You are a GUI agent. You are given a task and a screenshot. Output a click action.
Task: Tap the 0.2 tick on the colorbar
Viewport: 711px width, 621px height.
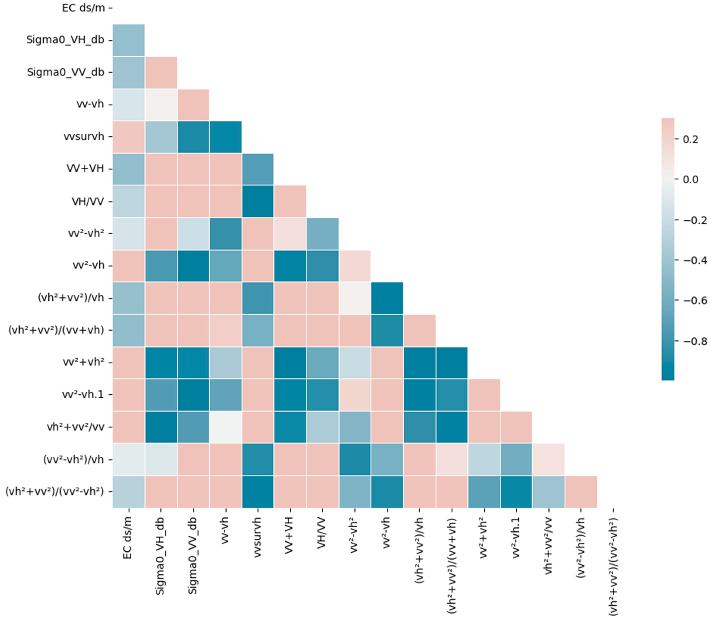[x=690, y=139]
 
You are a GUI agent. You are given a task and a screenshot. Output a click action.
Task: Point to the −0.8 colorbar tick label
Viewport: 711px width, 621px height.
[x=695, y=341]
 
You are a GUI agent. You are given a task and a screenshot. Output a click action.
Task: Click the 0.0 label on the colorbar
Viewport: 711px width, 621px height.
[x=690, y=179]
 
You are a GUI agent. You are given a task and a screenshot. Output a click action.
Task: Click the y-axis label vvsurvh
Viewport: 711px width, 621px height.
[x=84, y=137]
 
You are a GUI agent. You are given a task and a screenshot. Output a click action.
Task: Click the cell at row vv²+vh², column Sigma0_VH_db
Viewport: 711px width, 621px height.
[x=161, y=363]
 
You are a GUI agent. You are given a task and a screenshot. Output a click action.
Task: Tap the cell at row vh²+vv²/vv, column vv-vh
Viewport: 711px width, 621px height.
[x=225, y=427]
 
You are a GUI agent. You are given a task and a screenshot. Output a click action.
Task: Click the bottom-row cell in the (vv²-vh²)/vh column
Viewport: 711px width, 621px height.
[x=581, y=492]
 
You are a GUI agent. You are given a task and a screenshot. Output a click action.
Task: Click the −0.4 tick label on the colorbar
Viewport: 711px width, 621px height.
[x=695, y=260]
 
